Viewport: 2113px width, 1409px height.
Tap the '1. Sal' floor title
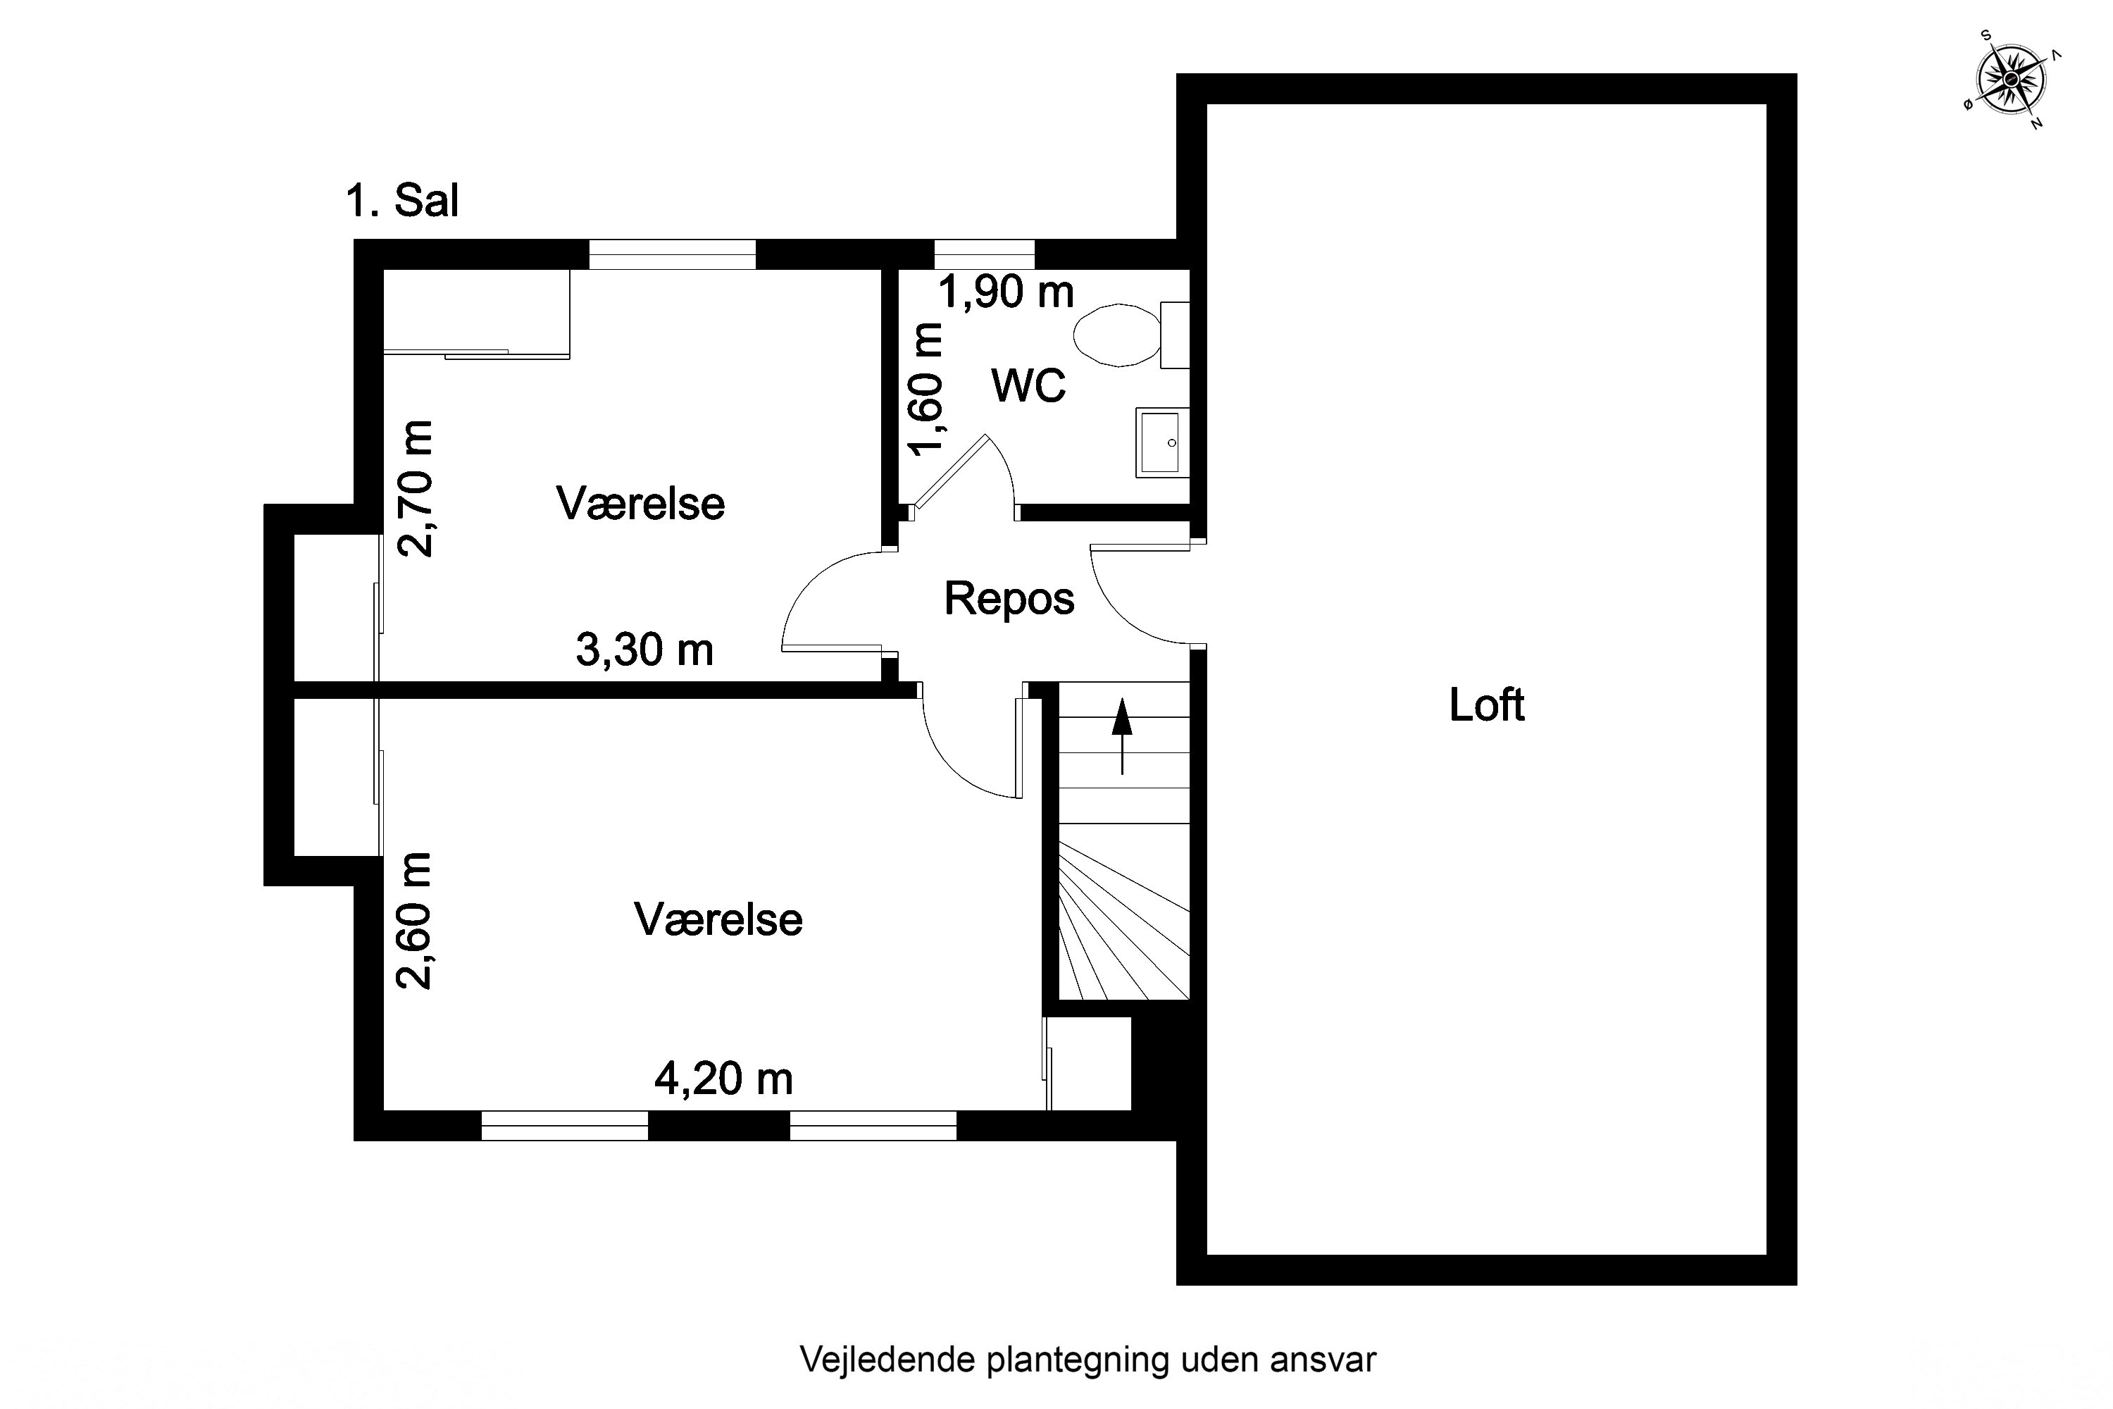(402, 200)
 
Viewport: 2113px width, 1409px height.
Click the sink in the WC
(1163, 442)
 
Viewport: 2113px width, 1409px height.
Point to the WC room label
(1028, 385)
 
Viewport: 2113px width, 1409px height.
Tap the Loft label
(1487, 704)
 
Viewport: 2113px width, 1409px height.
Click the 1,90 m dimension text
(1006, 292)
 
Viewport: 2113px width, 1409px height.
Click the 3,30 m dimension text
(644, 650)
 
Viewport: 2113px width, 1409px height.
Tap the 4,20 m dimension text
(723, 1079)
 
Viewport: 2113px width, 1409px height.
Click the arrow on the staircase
(1122, 736)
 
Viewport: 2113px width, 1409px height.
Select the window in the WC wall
(985, 254)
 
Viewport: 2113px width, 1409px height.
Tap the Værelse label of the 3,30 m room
(640, 503)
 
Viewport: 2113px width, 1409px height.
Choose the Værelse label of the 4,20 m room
(718, 919)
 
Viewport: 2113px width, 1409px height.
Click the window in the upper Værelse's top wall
(672, 254)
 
